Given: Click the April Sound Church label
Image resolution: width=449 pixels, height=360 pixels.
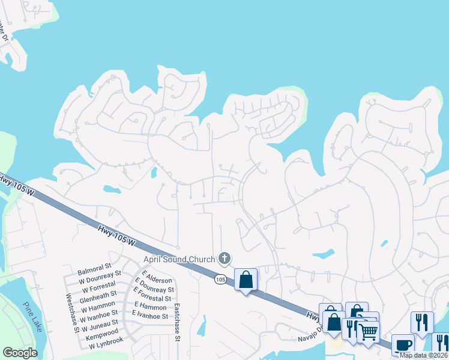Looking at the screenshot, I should (x=178, y=259).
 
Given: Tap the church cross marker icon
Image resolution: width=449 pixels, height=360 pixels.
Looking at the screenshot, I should (x=224, y=259).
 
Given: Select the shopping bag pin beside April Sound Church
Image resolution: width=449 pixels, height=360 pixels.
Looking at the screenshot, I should (x=246, y=280).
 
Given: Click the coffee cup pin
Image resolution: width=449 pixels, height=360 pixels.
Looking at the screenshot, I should (x=403, y=345).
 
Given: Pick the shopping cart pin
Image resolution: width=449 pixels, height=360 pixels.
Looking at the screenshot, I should (x=369, y=331).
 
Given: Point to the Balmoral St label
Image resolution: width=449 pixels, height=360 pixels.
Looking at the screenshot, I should (x=95, y=265).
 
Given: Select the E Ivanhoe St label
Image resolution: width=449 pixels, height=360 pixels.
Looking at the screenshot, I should (x=150, y=316).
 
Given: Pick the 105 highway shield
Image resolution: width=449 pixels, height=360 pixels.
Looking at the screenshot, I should (x=220, y=280).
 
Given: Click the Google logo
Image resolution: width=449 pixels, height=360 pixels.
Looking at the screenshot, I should (x=20, y=353).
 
